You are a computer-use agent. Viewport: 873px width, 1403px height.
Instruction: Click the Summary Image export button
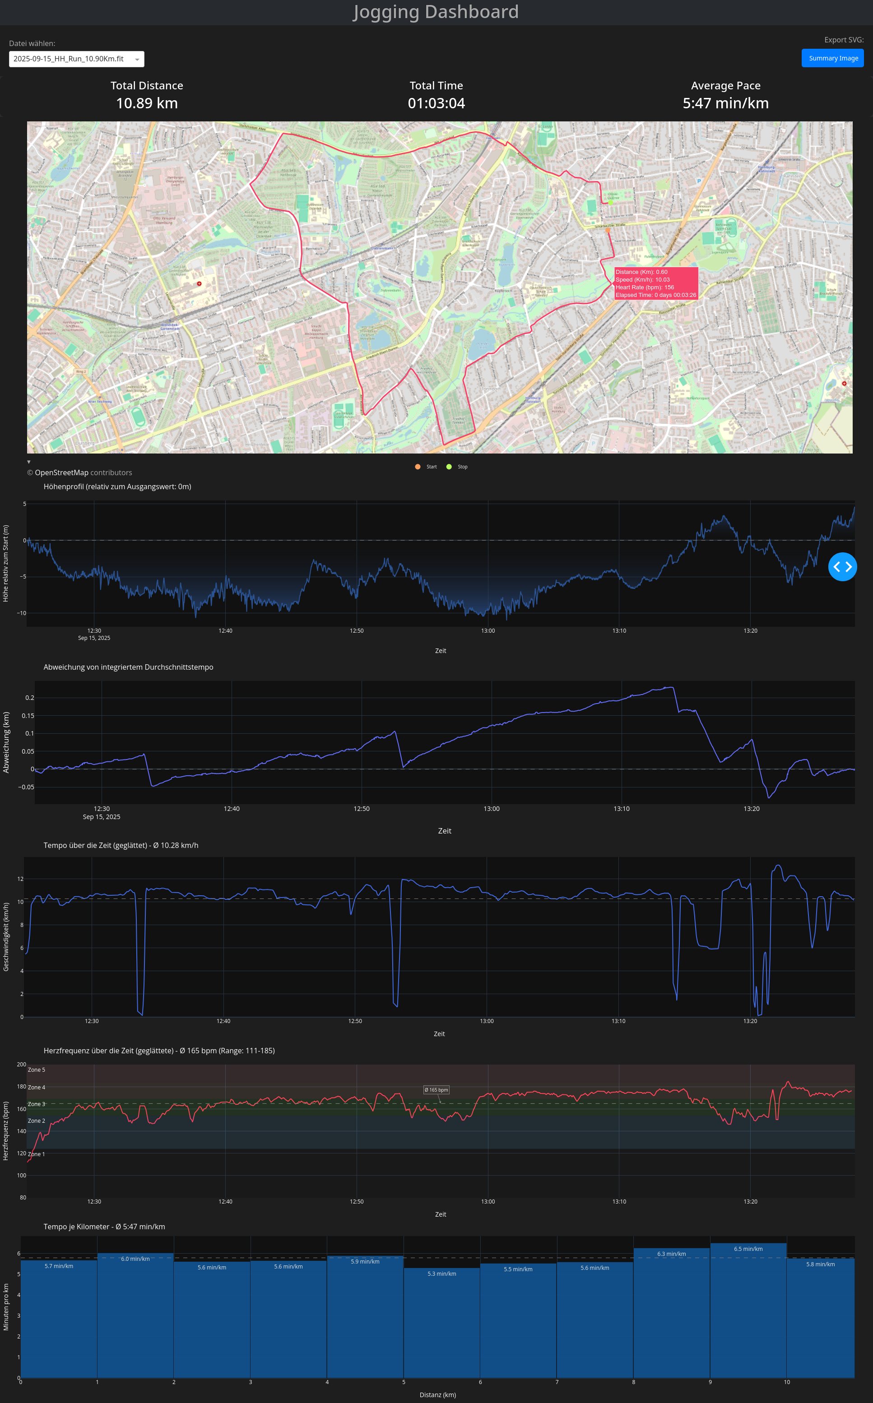832,58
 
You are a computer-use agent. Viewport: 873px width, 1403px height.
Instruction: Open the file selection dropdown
76,59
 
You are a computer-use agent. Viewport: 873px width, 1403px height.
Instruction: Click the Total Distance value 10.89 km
147,103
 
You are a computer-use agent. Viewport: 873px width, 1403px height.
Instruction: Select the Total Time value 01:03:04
436,103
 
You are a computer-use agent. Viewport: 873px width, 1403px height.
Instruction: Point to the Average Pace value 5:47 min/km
725,103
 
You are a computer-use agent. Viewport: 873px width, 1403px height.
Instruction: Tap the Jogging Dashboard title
436,12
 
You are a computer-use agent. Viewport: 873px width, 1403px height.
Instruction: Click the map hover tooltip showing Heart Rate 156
655,283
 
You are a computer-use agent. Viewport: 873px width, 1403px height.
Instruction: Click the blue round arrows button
842,567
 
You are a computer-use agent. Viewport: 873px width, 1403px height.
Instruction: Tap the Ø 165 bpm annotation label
436,1090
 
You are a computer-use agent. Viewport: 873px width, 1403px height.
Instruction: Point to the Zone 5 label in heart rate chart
37,1070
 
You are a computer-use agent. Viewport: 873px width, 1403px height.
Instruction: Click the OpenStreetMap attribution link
61,472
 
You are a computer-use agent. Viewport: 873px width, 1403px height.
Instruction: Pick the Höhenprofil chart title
117,486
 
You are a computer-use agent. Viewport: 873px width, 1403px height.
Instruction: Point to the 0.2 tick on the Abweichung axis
29,698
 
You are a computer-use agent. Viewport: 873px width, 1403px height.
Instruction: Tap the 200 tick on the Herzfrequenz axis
21,1064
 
